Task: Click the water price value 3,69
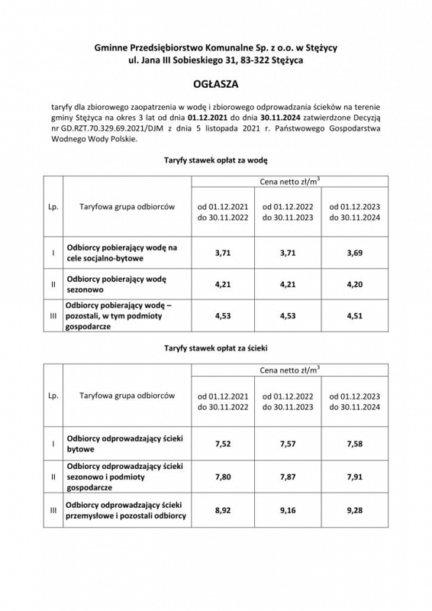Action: click(x=353, y=253)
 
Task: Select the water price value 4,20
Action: click(x=353, y=286)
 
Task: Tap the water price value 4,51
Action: click(x=353, y=315)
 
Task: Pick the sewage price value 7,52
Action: click(x=224, y=444)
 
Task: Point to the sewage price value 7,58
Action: click(x=353, y=444)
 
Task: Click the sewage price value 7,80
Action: click(x=224, y=477)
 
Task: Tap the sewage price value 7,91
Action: click(x=353, y=477)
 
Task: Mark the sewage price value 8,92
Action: click(x=224, y=510)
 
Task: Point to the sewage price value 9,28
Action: click(x=353, y=510)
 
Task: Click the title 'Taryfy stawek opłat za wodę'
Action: click(x=215, y=161)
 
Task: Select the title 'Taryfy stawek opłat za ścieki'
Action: click(x=215, y=348)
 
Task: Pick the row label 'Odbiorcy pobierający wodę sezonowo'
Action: click(x=122, y=286)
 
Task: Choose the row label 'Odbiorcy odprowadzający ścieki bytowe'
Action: click(x=125, y=444)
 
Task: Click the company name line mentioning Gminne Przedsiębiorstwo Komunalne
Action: click(x=216, y=47)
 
